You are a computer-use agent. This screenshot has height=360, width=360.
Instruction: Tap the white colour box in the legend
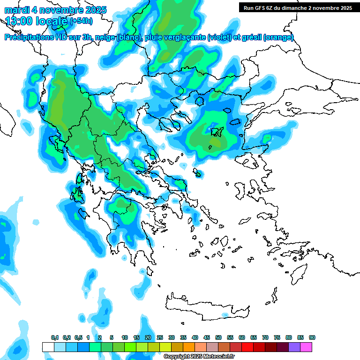(48, 347)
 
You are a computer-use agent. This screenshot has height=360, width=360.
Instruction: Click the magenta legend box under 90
(306, 347)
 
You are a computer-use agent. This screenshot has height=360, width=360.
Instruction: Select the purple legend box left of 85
(294, 347)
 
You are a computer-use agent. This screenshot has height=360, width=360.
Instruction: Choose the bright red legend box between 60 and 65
(247, 347)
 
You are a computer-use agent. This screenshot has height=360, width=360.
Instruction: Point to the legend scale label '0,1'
(54, 337)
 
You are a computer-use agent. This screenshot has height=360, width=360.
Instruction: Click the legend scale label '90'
(312, 337)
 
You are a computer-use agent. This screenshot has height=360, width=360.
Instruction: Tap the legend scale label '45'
(207, 337)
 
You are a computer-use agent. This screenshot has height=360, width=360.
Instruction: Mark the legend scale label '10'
(125, 337)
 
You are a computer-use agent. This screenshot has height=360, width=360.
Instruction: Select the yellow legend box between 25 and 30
(165, 347)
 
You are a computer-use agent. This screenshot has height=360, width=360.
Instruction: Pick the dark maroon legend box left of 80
(283, 347)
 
